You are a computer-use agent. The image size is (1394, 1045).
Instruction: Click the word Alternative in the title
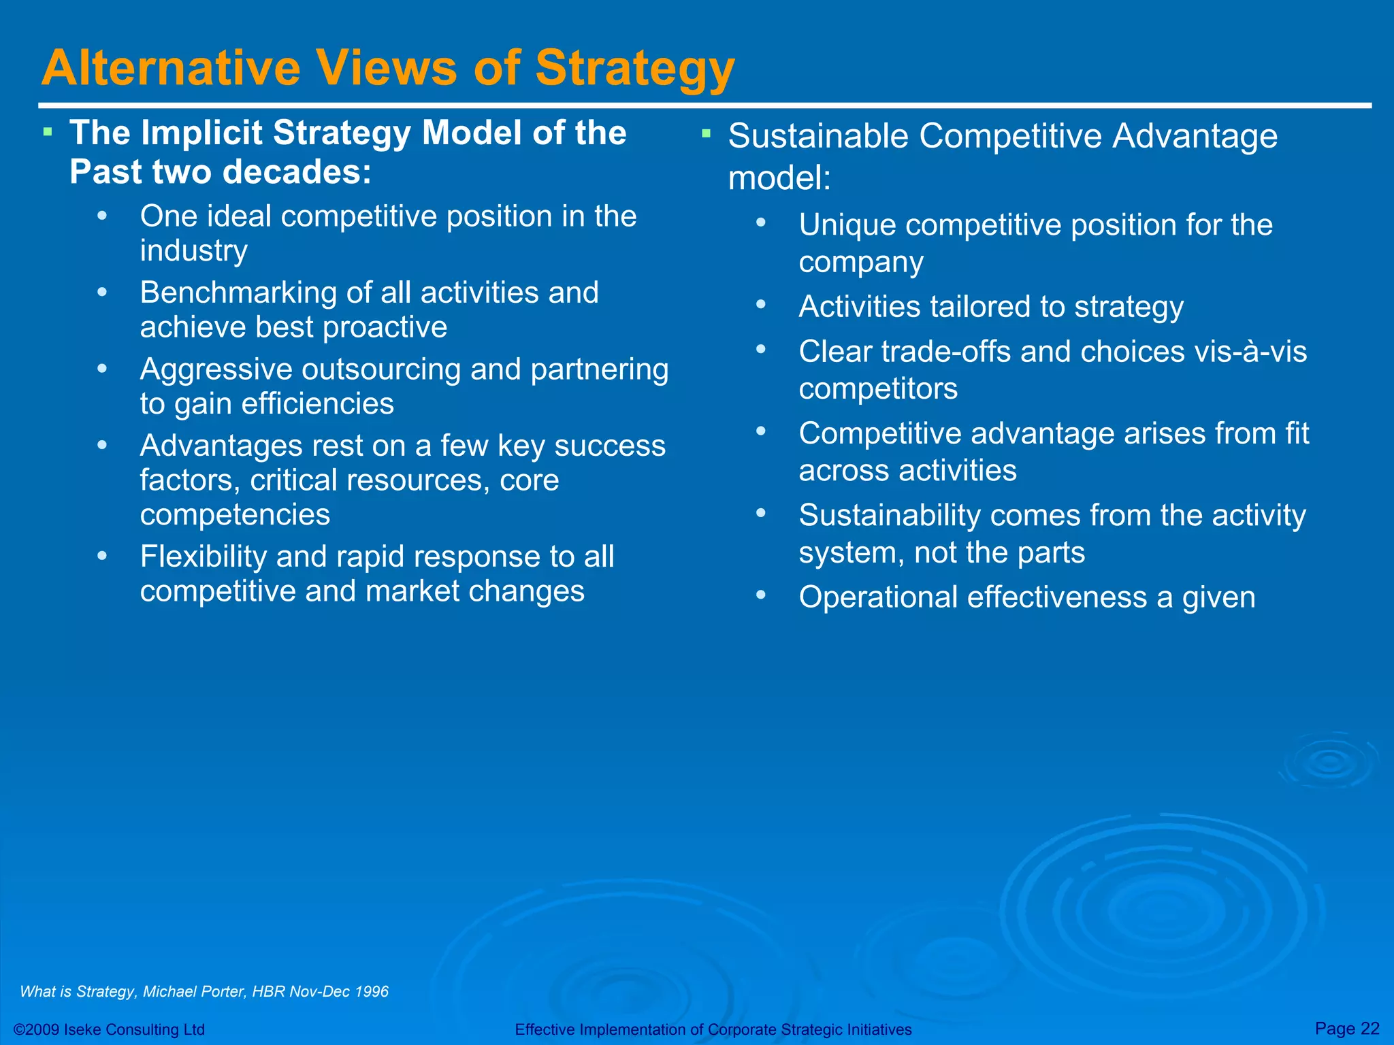(x=171, y=68)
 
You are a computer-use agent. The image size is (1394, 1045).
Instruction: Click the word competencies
(x=235, y=514)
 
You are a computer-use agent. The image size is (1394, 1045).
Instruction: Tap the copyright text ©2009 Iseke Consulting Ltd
(x=109, y=1029)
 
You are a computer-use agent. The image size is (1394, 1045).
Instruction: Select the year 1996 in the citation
(x=372, y=991)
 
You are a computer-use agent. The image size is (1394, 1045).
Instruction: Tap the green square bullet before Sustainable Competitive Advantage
(x=706, y=133)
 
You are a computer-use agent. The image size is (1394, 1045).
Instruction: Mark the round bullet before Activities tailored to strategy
(x=761, y=305)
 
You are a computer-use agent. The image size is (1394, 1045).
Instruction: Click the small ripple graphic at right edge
(x=1329, y=762)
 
